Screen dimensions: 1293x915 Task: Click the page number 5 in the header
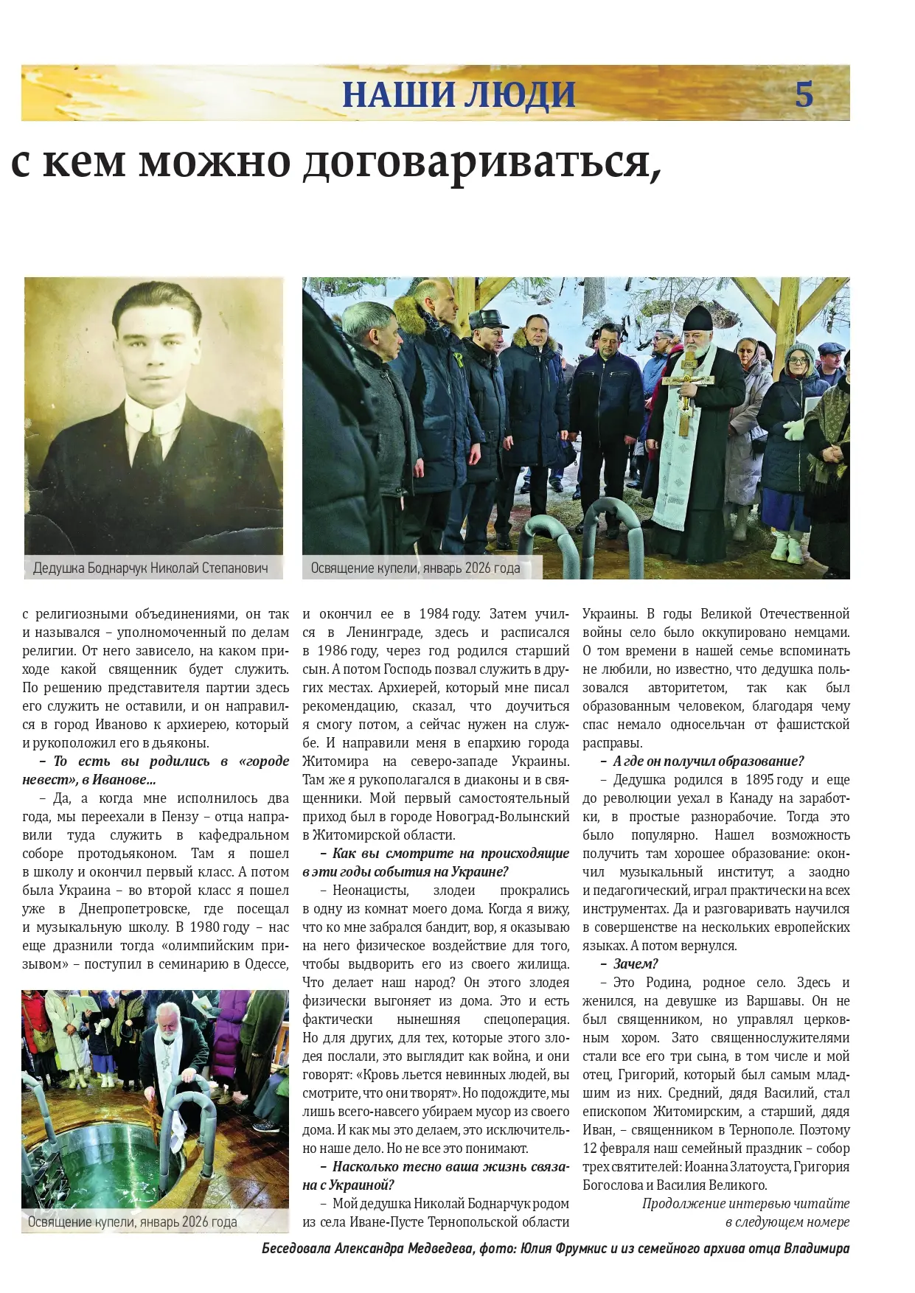point(804,94)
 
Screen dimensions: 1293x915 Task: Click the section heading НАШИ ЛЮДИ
point(459,94)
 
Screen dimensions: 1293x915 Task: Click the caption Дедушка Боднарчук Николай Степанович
point(150,568)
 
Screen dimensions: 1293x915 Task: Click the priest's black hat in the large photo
point(697,318)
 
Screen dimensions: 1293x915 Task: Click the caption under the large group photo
point(415,568)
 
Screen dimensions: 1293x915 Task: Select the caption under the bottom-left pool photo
point(133,1221)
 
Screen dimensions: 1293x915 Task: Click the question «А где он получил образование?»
point(708,761)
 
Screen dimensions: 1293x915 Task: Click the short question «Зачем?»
point(635,964)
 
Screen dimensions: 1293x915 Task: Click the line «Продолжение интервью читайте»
point(745,1204)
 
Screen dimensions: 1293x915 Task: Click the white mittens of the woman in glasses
point(794,429)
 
